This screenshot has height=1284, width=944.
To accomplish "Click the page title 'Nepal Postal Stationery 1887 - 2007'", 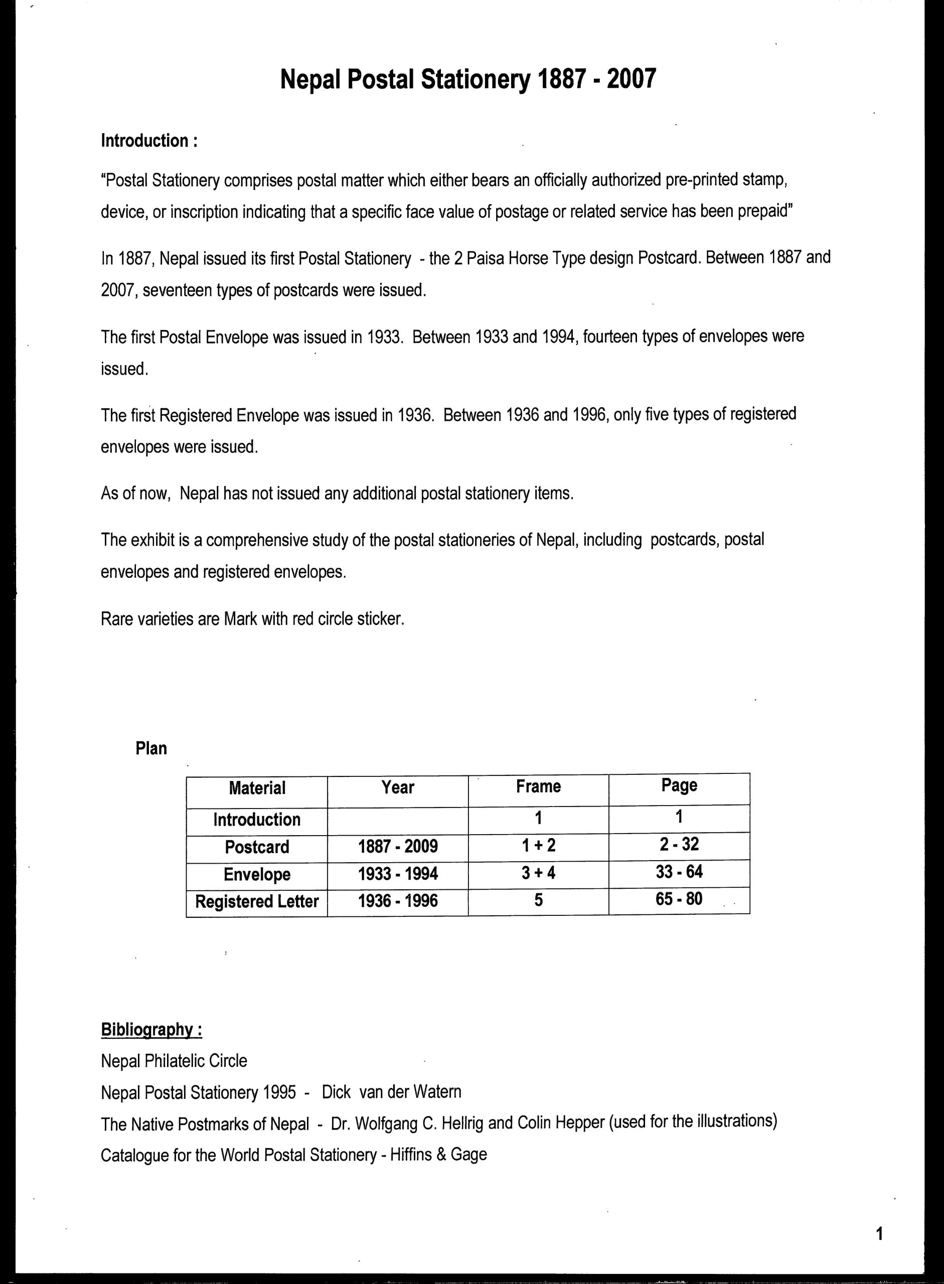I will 468,79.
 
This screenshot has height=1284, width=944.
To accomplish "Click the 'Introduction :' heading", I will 149,140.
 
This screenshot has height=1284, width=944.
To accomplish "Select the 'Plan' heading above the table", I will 151,748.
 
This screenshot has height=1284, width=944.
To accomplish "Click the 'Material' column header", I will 257,788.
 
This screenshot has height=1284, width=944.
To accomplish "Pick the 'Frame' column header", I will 538,786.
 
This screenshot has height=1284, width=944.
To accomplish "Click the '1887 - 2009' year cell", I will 398,846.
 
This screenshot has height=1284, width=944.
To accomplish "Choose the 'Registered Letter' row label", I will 257,901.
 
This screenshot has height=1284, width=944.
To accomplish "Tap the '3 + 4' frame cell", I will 538,873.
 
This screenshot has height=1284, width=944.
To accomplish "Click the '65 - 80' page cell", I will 679,899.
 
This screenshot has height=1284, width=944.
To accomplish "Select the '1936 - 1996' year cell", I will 398,901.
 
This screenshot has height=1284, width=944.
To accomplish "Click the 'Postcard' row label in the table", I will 257,847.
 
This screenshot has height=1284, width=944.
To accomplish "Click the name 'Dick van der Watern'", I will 391,1091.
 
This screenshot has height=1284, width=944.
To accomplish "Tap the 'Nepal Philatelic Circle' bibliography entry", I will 174,1061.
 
